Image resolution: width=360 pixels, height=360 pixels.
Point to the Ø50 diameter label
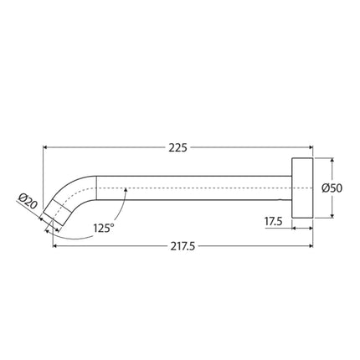pos(332,189)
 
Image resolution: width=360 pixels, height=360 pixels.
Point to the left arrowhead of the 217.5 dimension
pos(54,246)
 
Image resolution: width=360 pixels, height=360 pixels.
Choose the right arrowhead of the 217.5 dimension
pos(309,246)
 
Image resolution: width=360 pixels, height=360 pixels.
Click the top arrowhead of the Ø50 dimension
pos(332,159)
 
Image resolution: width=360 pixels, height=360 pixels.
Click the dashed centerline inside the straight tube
pos(193,188)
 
